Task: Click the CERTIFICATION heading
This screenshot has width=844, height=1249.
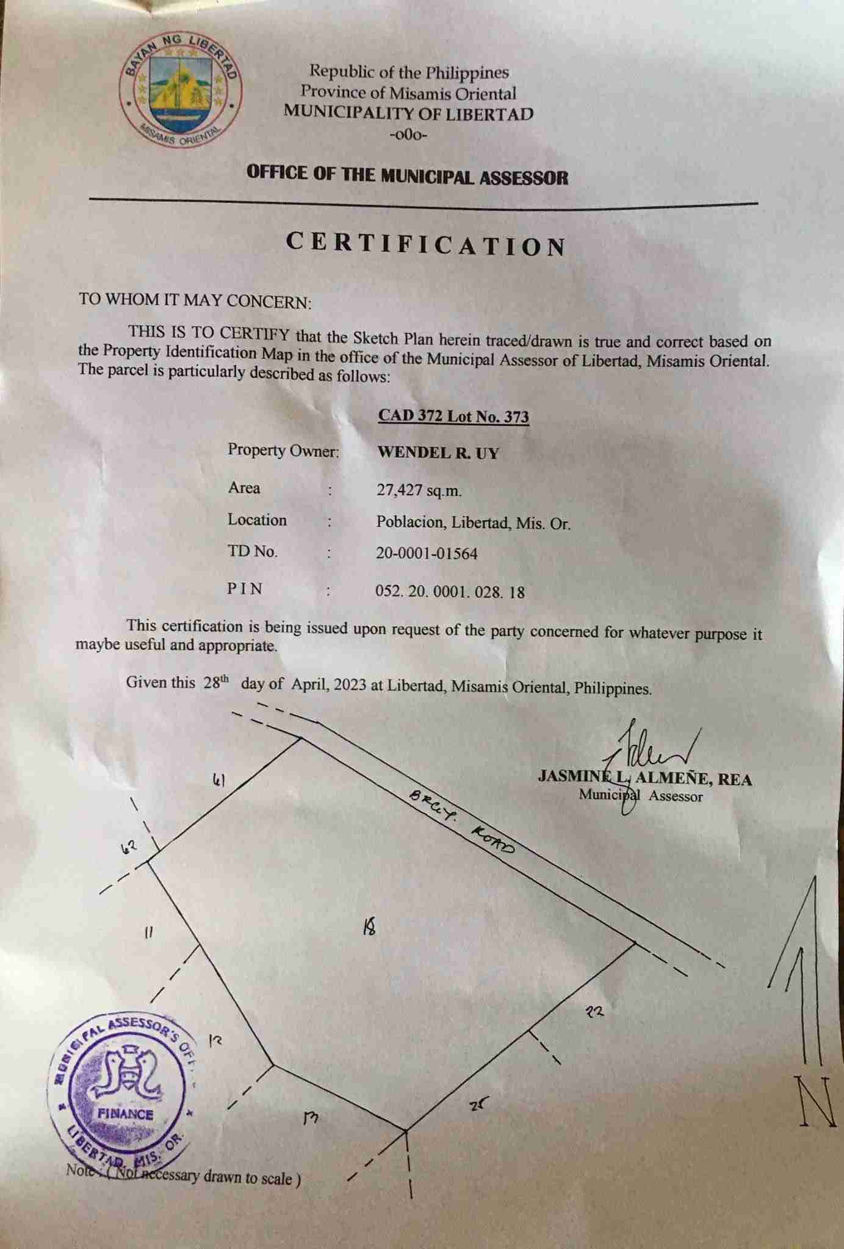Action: (x=426, y=245)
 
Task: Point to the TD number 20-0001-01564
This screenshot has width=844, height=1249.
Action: (x=427, y=553)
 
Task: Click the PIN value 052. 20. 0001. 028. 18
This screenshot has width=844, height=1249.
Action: (x=450, y=592)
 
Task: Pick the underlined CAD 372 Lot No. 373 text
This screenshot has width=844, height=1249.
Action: (x=453, y=416)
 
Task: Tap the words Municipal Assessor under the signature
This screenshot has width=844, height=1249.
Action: (x=641, y=795)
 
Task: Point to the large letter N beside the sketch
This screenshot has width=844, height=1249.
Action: (x=815, y=1101)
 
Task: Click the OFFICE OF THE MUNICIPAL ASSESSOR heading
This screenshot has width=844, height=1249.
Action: (x=407, y=176)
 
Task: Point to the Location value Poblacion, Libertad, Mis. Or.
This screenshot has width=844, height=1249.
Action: (x=473, y=523)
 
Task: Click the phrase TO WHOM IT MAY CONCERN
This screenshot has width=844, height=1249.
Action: (x=195, y=301)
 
